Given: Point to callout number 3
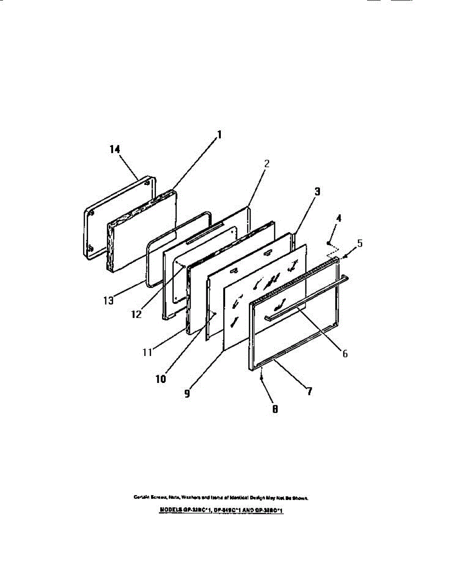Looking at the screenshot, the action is tap(317, 191).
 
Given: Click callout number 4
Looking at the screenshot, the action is tap(339, 218).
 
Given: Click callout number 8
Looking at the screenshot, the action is tap(275, 410).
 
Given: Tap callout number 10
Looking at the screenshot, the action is tap(161, 379).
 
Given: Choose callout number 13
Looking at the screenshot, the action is tap(107, 300).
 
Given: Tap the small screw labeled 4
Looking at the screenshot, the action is tap(329, 244).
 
